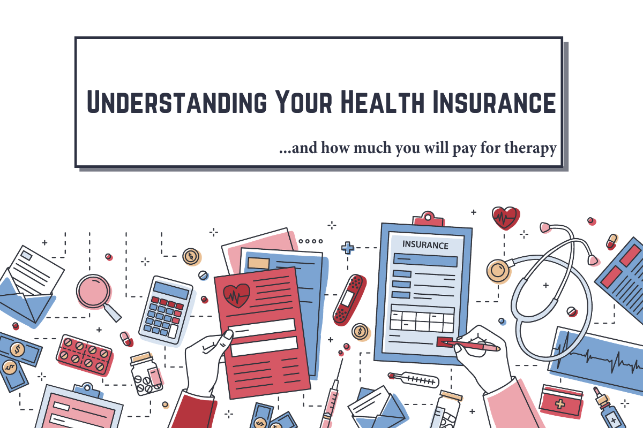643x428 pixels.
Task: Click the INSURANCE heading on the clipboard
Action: coord(425,246)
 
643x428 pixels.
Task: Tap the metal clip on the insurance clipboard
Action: coord(426,219)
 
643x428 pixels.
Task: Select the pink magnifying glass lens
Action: coord(93,292)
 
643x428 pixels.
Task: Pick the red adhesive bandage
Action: coord(349,299)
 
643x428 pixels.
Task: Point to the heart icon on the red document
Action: coord(236,293)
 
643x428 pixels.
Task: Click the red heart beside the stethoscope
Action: coord(505,217)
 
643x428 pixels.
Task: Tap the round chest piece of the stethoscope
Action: coord(498,271)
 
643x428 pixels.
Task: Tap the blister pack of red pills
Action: coord(84,354)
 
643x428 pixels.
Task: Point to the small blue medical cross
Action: coord(348,248)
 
